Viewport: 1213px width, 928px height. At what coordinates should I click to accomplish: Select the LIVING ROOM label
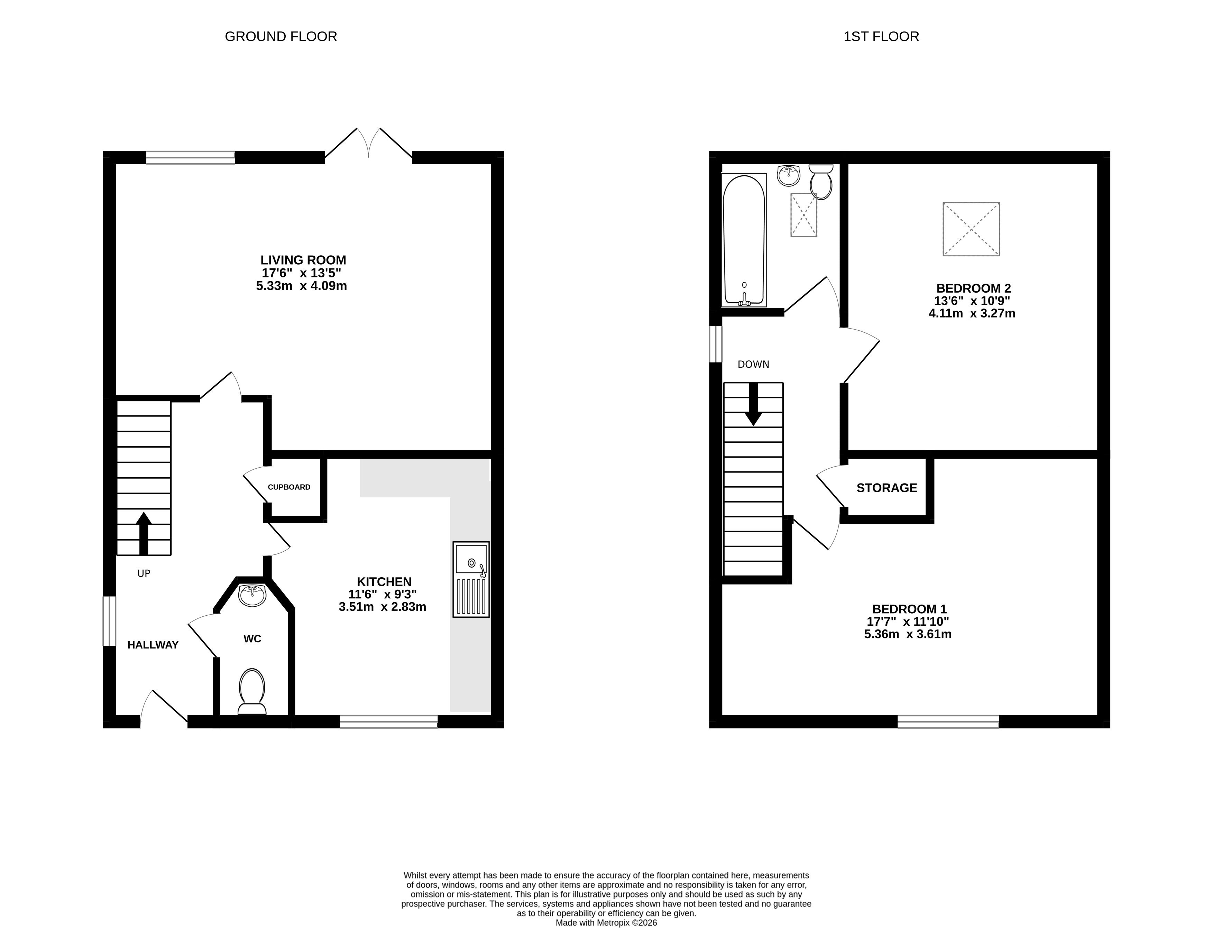click(303, 260)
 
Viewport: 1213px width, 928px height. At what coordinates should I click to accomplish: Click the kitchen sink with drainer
click(471, 579)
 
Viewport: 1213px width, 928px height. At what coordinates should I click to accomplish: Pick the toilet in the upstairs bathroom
click(821, 182)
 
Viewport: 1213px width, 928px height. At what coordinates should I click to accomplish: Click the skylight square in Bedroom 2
click(971, 229)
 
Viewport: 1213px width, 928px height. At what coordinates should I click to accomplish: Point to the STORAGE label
click(886, 488)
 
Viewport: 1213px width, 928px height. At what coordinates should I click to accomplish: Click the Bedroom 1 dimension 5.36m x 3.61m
click(908, 634)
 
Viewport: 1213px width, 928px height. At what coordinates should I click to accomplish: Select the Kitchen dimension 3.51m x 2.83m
click(382, 607)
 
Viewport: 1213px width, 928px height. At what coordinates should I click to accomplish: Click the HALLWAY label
click(153, 645)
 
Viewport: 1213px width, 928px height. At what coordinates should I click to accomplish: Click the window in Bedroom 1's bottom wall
click(948, 722)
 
